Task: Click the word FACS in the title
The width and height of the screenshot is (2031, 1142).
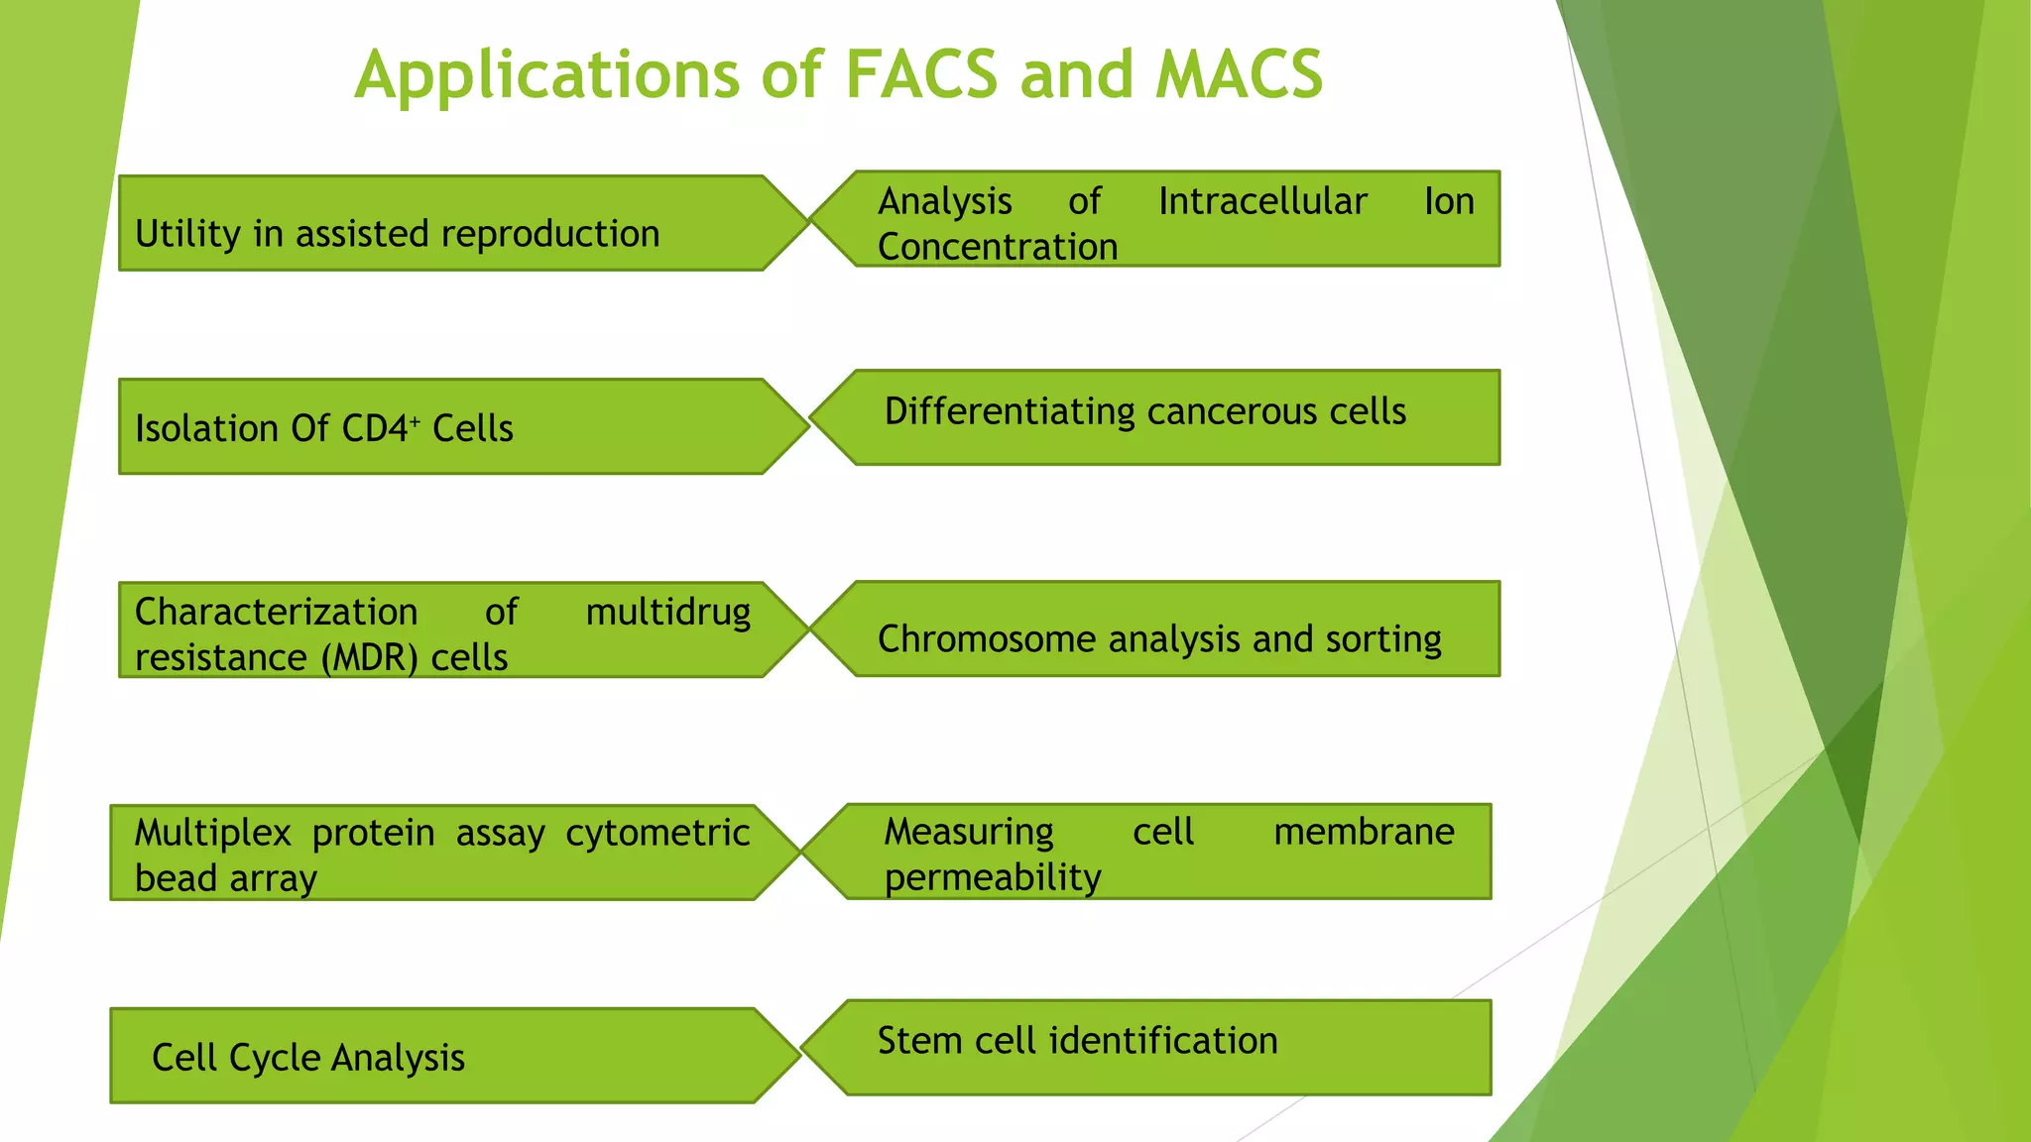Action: pyautogui.click(x=921, y=75)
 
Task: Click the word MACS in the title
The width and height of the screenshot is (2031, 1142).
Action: pyautogui.click(x=1239, y=75)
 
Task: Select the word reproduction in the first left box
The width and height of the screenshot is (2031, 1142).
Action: pyautogui.click(x=550, y=234)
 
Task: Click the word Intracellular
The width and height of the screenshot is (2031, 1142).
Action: pyautogui.click(x=1262, y=201)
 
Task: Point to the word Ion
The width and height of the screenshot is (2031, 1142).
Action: pyautogui.click(x=1449, y=201)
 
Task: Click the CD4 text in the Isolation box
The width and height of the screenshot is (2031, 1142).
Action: pyautogui.click(x=375, y=428)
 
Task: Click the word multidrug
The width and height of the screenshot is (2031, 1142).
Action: pyautogui.click(x=668, y=613)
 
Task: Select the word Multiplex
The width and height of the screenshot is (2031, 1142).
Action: pyautogui.click(x=213, y=833)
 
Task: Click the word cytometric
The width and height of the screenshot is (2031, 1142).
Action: pyautogui.click(x=657, y=833)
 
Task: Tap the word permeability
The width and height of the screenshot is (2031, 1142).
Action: pyautogui.click(x=993, y=877)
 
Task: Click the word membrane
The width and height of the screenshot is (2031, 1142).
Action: pyautogui.click(x=1364, y=832)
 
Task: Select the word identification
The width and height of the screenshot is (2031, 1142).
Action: pyautogui.click(x=1163, y=1041)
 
